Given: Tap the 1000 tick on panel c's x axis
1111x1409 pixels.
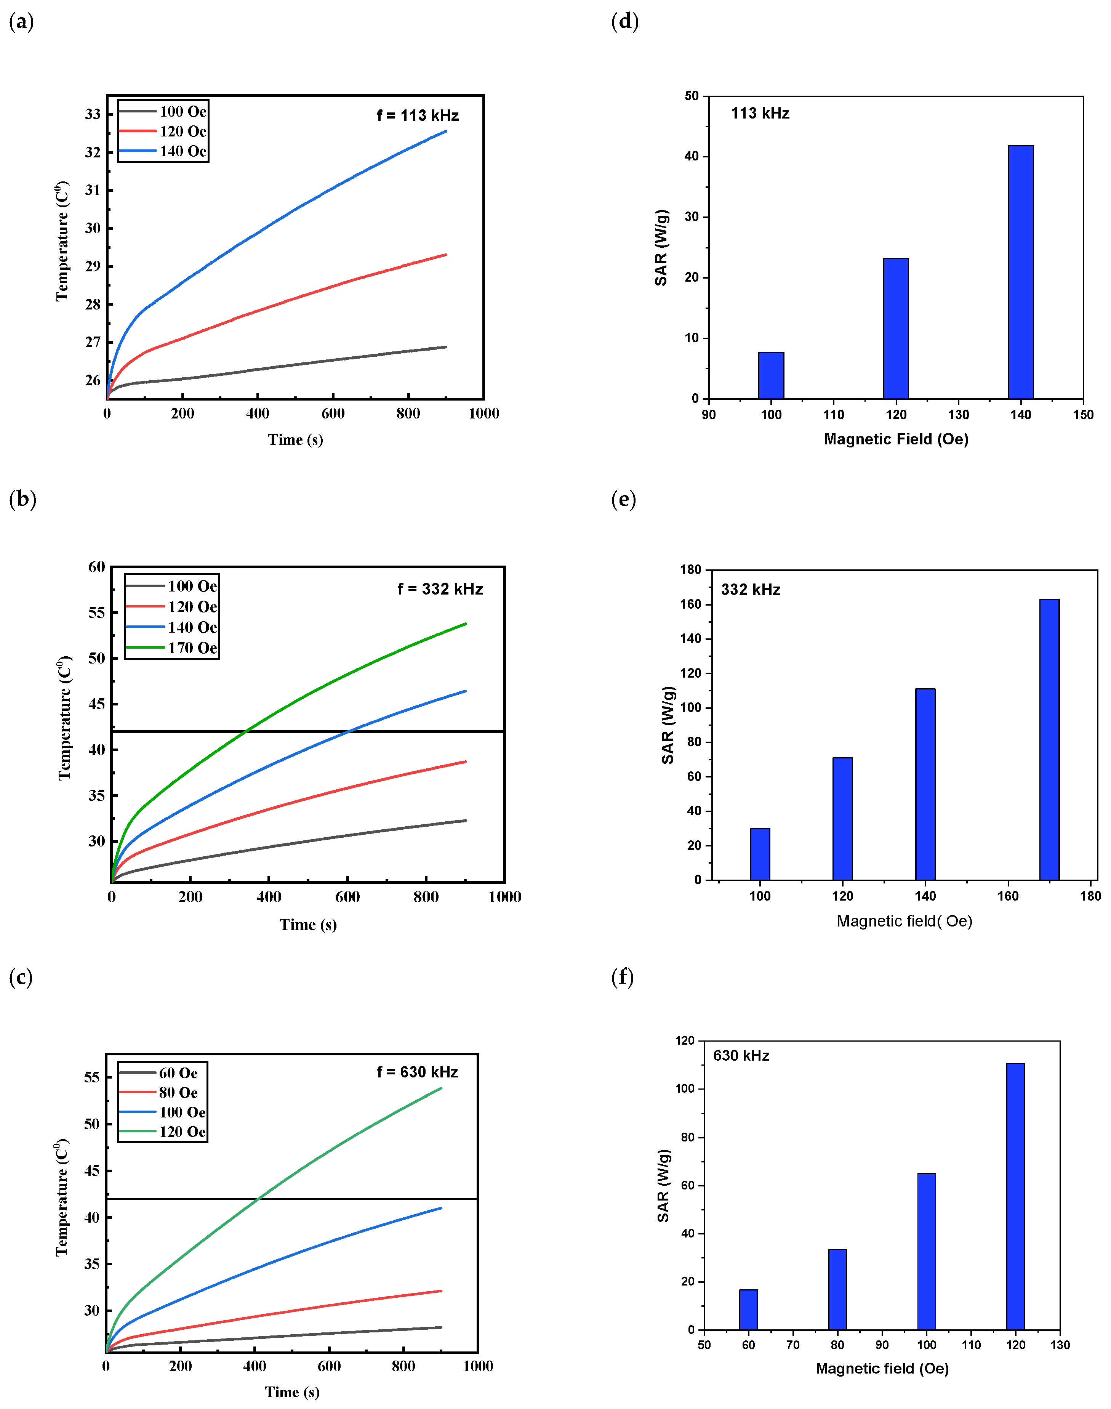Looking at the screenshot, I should [477, 1366].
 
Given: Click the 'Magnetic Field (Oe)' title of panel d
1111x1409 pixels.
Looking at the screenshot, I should [896, 439].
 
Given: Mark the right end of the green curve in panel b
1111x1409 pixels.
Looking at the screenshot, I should [466, 624].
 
